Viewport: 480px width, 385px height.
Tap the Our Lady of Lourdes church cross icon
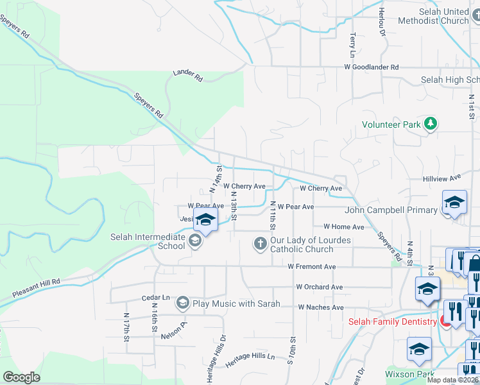click(x=260, y=244)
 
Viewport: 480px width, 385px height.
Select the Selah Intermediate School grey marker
click(x=196, y=241)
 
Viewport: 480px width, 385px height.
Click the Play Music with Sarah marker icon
click(x=183, y=303)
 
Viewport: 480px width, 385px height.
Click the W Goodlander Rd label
click(x=371, y=67)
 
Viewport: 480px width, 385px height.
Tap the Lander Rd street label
click(x=188, y=76)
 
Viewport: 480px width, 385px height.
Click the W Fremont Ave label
click(x=312, y=266)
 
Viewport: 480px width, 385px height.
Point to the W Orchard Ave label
click(x=320, y=287)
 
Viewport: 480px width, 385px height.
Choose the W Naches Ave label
click(x=321, y=307)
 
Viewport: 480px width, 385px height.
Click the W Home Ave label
click(x=344, y=227)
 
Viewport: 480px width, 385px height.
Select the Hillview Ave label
click(x=442, y=178)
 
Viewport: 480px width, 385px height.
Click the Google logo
click(x=21, y=377)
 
